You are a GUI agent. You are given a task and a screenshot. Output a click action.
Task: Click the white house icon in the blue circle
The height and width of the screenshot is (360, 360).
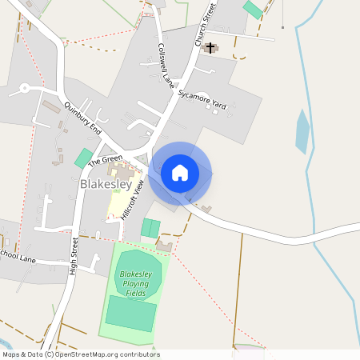(180, 173)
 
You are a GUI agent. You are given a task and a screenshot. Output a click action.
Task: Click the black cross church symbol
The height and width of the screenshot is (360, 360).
(211, 48)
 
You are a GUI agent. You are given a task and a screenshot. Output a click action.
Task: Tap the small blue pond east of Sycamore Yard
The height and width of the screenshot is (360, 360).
(302, 131)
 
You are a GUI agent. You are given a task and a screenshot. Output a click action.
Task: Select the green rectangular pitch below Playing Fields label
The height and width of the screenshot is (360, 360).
(130, 313)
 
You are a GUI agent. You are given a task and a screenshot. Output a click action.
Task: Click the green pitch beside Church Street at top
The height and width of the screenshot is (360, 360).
(253, 10)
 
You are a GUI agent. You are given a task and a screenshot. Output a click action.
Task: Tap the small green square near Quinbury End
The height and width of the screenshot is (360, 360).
(83, 158)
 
